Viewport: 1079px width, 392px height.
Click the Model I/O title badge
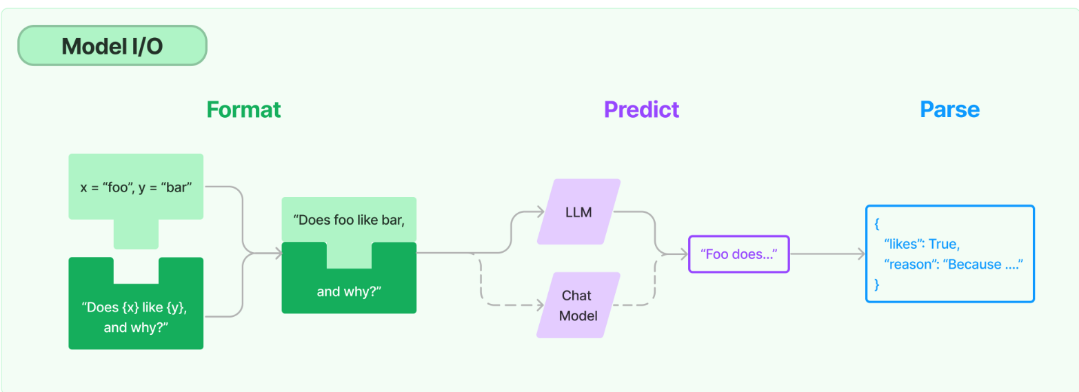point(112,45)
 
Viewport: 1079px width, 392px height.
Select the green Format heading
point(243,110)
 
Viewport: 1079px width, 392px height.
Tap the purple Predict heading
point(641,110)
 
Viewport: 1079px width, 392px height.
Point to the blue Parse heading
point(949,110)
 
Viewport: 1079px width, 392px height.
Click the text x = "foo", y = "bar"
point(136,187)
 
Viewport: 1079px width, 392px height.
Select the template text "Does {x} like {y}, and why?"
point(135,318)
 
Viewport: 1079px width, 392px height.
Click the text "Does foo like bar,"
point(349,220)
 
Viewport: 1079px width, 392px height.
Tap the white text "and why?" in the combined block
point(349,291)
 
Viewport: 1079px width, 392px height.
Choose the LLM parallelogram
point(578,212)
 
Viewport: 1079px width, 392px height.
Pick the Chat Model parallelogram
point(578,305)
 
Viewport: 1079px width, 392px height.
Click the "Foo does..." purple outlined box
point(739,254)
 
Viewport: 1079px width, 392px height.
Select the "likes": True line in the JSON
point(922,244)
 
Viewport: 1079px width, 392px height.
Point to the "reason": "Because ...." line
point(954,265)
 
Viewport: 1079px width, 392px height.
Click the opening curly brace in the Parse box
point(877,224)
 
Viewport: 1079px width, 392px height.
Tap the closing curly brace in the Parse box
point(877,285)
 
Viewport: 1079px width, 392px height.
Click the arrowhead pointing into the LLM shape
point(541,212)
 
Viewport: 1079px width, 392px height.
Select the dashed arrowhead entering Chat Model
point(541,305)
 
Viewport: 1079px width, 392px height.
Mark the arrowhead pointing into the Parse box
point(861,254)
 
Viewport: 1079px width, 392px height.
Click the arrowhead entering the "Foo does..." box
point(684,254)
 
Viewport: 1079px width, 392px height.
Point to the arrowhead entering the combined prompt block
point(278,253)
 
